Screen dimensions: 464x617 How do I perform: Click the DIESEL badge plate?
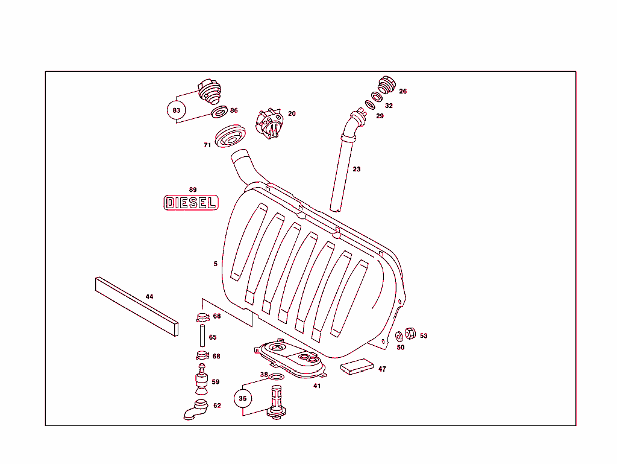(x=190, y=203)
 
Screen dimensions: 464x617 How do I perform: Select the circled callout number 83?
(x=176, y=110)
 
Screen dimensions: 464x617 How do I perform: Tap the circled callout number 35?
(x=243, y=398)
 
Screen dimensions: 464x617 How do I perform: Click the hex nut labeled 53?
(x=409, y=333)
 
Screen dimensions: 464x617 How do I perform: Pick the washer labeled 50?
(x=399, y=336)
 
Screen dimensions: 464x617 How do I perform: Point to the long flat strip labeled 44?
(x=137, y=307)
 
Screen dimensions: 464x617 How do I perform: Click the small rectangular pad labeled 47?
(x=357, y=367)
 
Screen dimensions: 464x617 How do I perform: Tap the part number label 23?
(x=357, y=170)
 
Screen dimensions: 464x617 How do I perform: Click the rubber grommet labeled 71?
(x=231, y=137)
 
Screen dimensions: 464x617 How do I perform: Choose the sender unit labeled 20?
(x=270, y=122)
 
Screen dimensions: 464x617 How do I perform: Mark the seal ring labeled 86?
(x=219, y=112)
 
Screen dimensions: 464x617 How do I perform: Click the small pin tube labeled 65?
(x=201, y=337)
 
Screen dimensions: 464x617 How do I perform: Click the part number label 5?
(x=215, y=264)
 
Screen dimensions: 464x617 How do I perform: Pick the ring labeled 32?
(x=376, y=97)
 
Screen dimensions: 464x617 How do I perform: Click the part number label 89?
(x=193, y=189)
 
